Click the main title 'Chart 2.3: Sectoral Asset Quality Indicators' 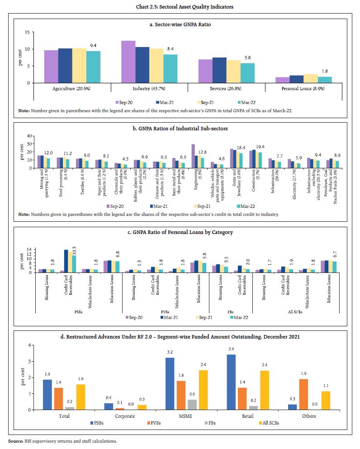pyautogui.click(x=180, y=6)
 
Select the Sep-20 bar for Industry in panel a pyautogui.click(x=128, y=62)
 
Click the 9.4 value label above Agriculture pyautogui.click(x=93, y=46)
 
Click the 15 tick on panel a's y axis pyautogui.click(x=28, y=33)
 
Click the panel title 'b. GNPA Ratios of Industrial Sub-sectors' pyautogui.click(x=180, y=129)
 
